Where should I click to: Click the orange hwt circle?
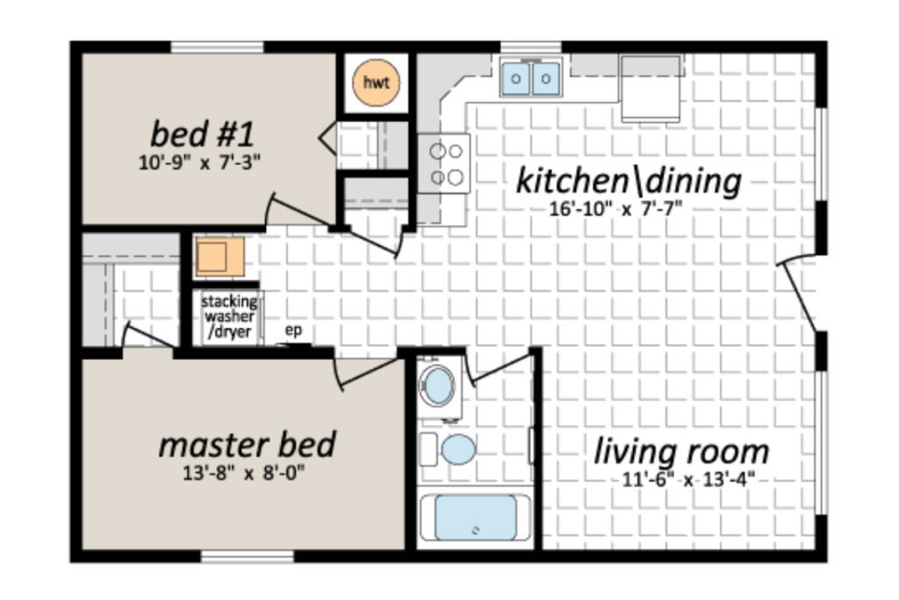click(x=376, y=83)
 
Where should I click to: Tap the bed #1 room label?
click(x=202, y=134)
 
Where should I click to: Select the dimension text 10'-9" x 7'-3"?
click(x=199, y=163)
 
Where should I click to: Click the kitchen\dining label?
click(x=629, y=181)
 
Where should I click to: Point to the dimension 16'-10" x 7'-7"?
click(x=615, y=209)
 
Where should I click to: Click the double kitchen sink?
click(x=530, y=78)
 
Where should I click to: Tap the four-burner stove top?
click(x=443, y=164)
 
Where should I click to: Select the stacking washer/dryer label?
click(x=229, y=316)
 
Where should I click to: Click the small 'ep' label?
click(x=293, y=331)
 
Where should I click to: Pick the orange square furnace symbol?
click(x=220, y=257)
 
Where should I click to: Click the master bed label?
click(x=247, y=445)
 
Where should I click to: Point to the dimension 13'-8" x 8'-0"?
click(x=244, y=473)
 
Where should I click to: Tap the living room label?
click(x=681, y=451)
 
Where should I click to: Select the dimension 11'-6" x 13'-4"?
click(x=687, y=479)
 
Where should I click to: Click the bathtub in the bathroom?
click(x=475, y=517)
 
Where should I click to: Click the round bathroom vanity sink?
click(x=437, y=384)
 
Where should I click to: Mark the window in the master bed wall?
click(x=247, y=556)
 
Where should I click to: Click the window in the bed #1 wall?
click(x=218, y=47)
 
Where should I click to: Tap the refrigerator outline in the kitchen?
click(x=651, y=89)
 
